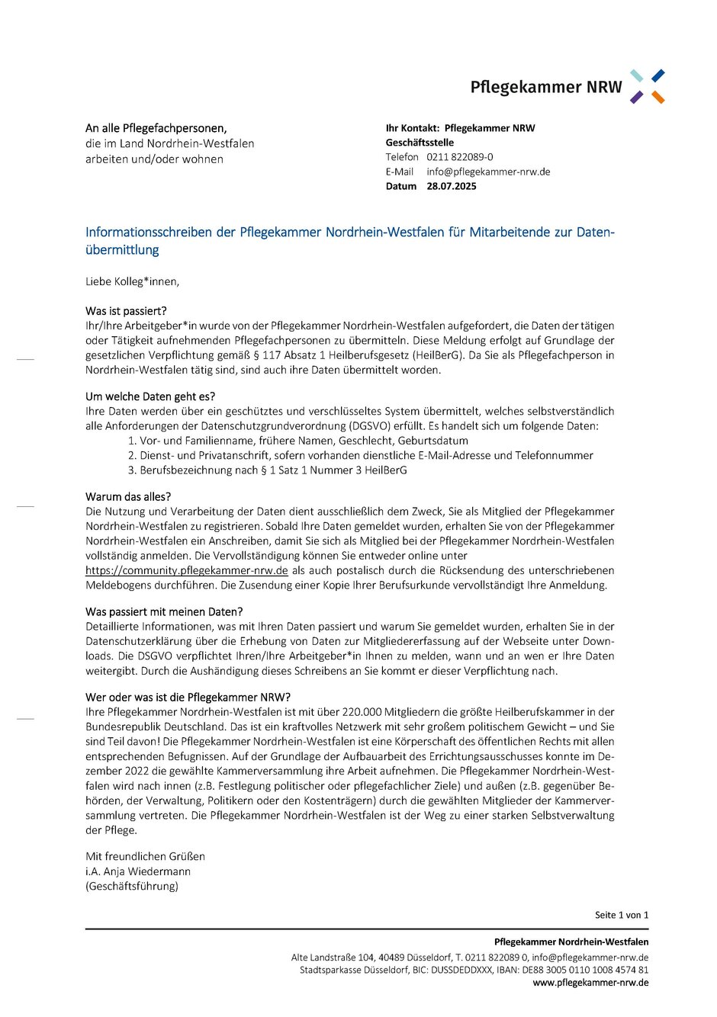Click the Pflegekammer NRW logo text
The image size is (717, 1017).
coord(545,88)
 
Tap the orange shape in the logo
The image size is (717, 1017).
coord(658,98)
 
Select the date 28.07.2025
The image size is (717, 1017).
coord(452,186)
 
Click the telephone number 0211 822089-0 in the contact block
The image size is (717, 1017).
coord(460,157)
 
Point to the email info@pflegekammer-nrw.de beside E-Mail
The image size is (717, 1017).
coord(488,172)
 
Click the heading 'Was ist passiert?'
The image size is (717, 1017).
coord(126,311)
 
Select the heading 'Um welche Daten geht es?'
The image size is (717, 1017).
coord(150,396)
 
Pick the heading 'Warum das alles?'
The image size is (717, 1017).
coord(128,497)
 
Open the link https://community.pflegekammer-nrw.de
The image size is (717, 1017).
coord(187,570)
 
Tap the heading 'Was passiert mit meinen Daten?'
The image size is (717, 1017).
coord(164,611)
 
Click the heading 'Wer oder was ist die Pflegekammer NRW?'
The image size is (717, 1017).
coord(188,697)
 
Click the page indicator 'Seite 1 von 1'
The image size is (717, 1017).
coord(622,915)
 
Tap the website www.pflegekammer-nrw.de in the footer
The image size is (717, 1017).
coord(590,983)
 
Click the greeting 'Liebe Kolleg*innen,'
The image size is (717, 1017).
coord(133,281)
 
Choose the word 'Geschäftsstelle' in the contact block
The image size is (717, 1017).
coord(420,143)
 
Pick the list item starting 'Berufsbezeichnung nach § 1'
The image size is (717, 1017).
coord(273,470)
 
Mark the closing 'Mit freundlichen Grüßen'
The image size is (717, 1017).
coord(145,856)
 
